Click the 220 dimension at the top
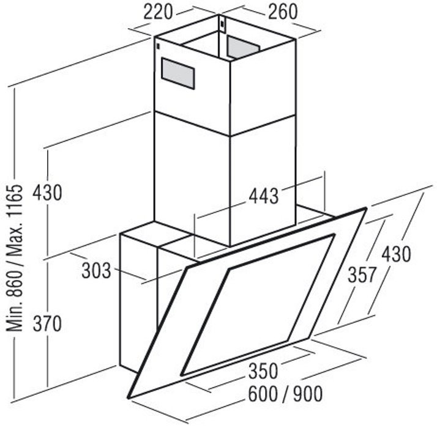158,12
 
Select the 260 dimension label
283,12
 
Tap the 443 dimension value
263,196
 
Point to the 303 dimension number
96,271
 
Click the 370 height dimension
47,323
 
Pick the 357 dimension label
362,275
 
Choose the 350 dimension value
263,371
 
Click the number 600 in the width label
263,394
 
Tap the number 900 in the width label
307,394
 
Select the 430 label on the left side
47,193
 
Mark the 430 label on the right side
396,254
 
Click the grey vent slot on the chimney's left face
178,74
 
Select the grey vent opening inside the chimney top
242,47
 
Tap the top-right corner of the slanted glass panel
366,208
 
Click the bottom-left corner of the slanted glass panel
129,397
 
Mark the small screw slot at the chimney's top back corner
222,24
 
